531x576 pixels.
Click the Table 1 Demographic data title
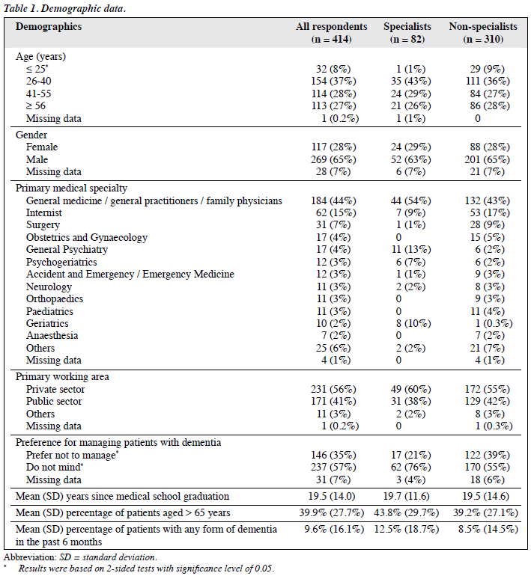[64, 8]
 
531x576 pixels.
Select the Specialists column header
[407, 33]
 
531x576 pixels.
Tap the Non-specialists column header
[483, 33]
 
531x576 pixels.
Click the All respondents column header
[331, 33]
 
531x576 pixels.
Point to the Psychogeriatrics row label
[61, 262]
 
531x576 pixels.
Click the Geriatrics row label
[47, 323]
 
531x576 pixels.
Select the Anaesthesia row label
[52, 335]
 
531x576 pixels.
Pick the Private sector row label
[55, 389]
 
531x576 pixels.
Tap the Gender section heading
[31, 135]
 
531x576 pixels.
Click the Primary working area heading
[62, 376]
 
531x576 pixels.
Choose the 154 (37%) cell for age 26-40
[333, 82]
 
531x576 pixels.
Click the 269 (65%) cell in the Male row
[333, 159]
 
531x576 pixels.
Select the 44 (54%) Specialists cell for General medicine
[410, 200]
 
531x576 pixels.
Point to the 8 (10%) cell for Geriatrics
[410, 323]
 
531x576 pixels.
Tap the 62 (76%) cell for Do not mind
[410, 468]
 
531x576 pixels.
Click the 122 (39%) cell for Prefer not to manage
[488, 455]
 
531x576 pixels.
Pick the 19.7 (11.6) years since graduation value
[407, 496]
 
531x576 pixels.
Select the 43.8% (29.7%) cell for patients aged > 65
[407, 513]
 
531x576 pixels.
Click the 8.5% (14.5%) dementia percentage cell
[488, 530]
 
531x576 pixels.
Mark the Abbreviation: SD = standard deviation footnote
[80, 557]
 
